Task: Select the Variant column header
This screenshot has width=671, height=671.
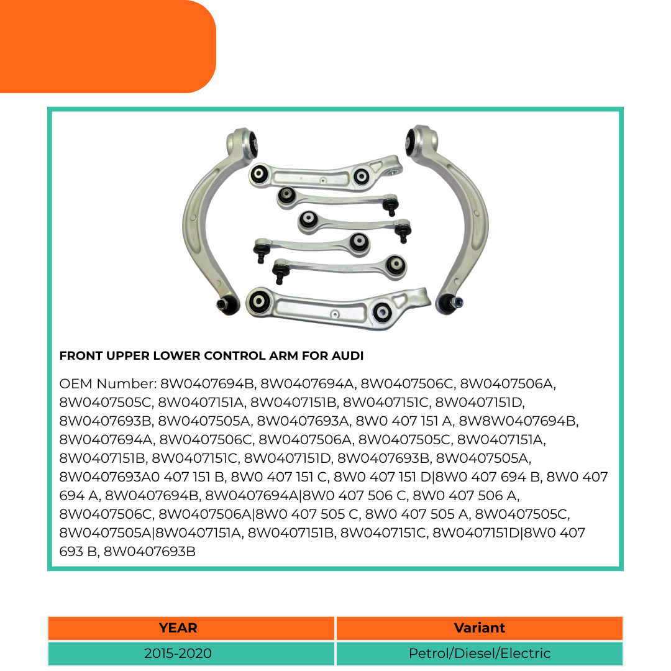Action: point(479,628)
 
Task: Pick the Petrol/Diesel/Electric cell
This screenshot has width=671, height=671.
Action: point(479,654)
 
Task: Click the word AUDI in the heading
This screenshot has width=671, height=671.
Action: point(347,355)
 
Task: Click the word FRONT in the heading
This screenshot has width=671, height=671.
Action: point(81,355)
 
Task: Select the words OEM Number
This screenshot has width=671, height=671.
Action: point(108,384)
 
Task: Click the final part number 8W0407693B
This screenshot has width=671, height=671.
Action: point(149,552)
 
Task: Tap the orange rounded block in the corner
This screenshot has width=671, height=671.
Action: point(107,46)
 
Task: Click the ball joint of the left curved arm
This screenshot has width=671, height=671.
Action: point(227,304)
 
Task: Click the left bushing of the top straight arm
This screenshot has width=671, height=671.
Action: point(259,174)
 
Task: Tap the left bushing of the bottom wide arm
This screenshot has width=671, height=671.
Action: point(259,301)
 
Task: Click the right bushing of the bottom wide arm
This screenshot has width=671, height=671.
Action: point(381,311)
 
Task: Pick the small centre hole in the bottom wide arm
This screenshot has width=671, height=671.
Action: point(335,314)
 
